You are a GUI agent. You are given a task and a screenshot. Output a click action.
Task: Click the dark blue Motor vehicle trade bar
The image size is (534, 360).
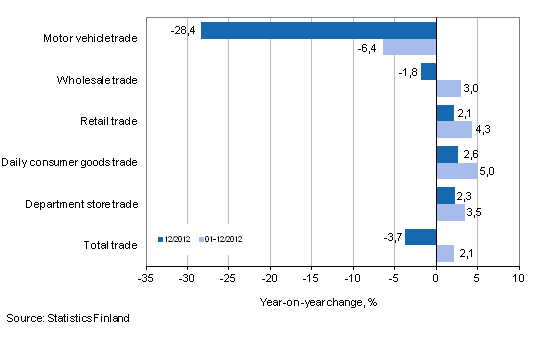tap(319, 30)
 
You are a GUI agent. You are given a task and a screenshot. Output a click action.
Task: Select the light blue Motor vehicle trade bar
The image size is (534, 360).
tap(410, 47)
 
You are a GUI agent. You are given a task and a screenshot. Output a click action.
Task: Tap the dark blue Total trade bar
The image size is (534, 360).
tap(421, 236)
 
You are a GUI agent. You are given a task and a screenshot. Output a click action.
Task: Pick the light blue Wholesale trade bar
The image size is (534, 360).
tap(449, 88)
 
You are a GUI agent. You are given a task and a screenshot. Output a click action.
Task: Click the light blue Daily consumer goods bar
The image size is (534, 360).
tap(457, 170)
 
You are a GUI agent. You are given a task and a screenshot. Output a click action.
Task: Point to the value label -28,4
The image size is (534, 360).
tap(184, 31)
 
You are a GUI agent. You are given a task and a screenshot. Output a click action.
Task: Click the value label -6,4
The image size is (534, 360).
tap(367, 48)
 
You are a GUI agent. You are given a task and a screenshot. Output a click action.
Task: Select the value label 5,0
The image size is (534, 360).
tap(488, 171)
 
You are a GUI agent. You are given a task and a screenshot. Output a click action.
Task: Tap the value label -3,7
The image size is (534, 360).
tap(392, 237)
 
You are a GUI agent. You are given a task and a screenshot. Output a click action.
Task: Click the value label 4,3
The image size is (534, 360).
tap(483, 130)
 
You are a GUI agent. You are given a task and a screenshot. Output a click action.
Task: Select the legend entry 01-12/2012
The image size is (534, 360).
tap(221, 239)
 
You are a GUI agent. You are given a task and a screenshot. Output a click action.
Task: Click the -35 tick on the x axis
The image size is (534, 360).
tap(146, 277)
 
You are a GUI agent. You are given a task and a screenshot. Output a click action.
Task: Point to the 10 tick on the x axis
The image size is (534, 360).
tap(518, 277)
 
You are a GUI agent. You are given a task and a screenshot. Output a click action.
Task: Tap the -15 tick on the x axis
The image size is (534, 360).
tap(312, 277)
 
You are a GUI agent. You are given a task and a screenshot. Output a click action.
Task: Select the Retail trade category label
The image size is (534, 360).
tap(109, 122)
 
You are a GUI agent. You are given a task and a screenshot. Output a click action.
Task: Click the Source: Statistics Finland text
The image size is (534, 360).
tap(67, 318)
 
